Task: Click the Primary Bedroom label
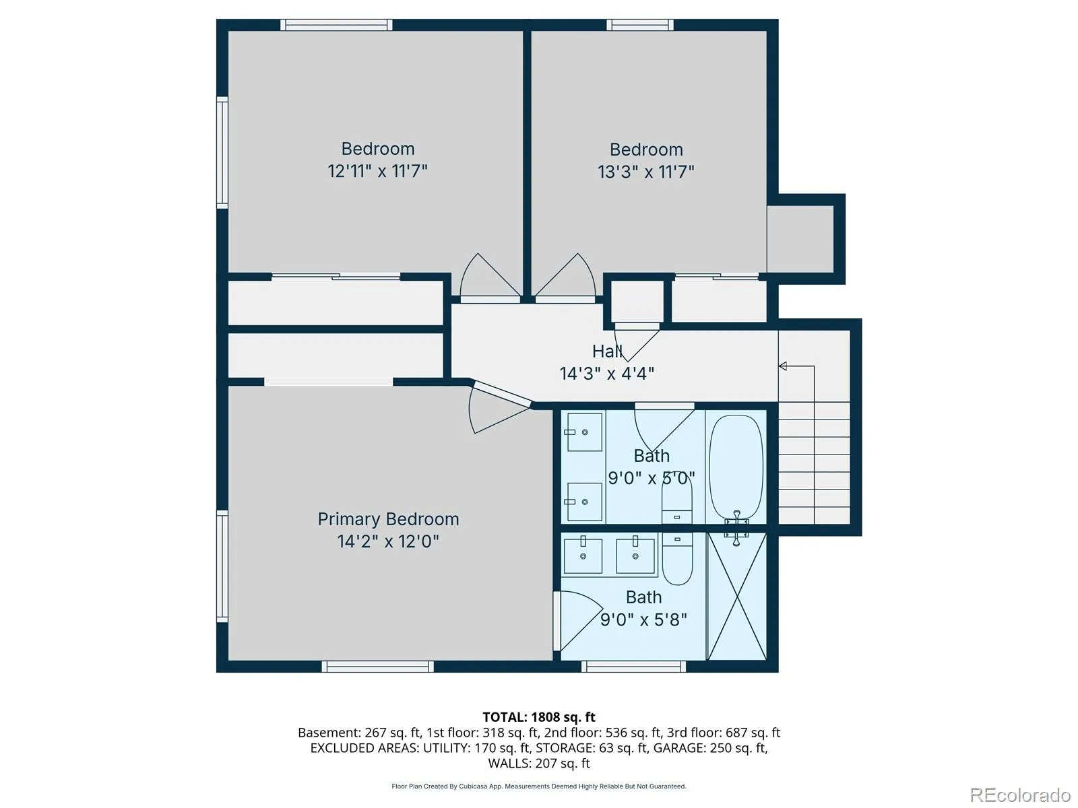click(388, 520)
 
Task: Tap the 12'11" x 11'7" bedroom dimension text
click(378, 171)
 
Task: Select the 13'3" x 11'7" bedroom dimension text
click(646, 172)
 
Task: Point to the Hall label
click(608, 351)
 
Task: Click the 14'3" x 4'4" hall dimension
click(607, 374)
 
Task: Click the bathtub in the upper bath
click(736, 467)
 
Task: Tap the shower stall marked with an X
click(736, 597)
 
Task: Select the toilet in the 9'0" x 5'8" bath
click(677, 559)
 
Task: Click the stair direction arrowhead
click(783, 366)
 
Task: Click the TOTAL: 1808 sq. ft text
click(539, 717)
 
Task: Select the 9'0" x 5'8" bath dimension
click(643, 619)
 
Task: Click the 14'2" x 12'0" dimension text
click(388, 541)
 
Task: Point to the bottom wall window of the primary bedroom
click(378, 666)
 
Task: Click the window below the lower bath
click(633, 666)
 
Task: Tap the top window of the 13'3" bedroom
click(640, 25)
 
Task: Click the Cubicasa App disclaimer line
click(539, 786)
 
